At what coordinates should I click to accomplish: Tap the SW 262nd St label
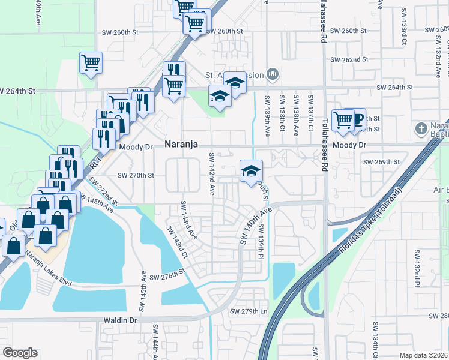pos(349,59)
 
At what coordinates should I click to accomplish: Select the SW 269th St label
pos(381,162)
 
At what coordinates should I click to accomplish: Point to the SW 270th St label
pos(136,175)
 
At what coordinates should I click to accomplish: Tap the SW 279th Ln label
pos(249,311)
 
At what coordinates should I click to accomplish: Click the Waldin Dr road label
pos(121,320)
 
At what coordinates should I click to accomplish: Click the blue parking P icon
pos(358,119)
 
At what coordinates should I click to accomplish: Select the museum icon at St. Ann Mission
pos(273,74)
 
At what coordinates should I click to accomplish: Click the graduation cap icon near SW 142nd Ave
pos(251,170)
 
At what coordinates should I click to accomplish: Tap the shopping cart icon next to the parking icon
pos(342,119)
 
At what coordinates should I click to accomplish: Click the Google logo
pos(20,353)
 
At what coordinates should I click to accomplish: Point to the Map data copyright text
pos(424,355)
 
